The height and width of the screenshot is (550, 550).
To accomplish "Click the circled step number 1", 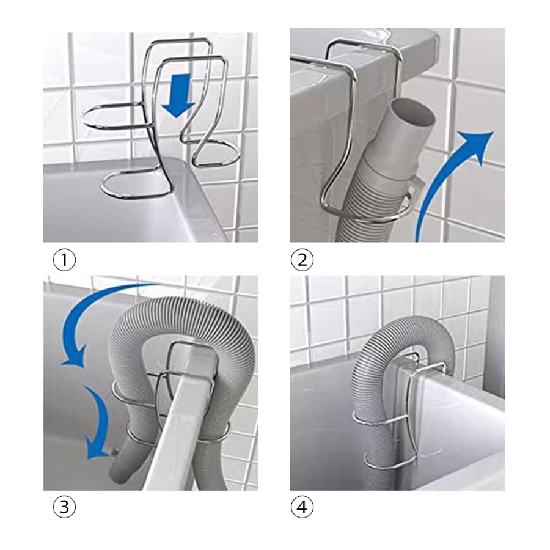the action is pos(64,260).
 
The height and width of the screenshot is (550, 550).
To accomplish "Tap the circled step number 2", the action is pos(302,260).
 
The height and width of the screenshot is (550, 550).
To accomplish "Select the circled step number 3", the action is pos(64,507).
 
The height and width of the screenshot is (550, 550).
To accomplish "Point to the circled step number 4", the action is pos(302,507).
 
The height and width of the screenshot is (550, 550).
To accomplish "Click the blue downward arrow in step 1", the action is pos(180,95).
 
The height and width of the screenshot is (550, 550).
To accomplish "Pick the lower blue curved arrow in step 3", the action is pos(100,421).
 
